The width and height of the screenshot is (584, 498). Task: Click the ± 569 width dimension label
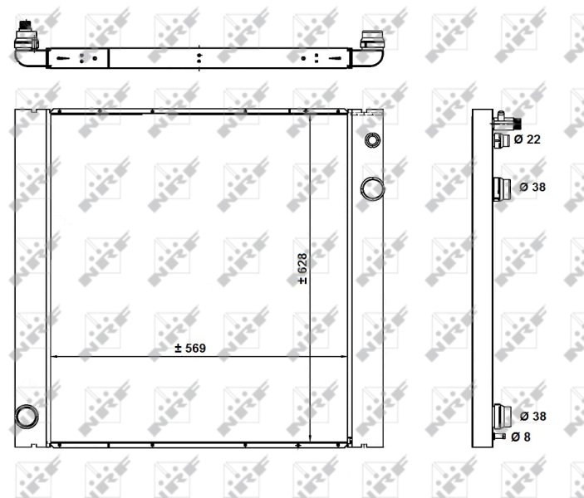pyautogui.click(x=190, y=348)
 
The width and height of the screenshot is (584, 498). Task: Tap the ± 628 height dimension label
pyautogui.click(x=302, y=269)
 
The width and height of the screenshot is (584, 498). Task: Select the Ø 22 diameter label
pyautogui.click(x=527, y=139)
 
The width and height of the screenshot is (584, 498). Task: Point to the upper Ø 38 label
pyautogui.click(x=532, y=187)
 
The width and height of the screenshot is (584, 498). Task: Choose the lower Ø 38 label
pyautogui.click(x=533, y=416)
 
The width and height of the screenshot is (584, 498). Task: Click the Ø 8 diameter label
pyautogui.click(x=521, y=437)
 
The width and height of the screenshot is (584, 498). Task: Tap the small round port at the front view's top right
pyautogui.click(x=372, y=140)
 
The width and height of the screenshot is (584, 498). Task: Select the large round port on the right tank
pyautogui.click(x=372, y=188)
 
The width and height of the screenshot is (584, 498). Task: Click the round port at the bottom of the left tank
pyautogui.click(x=27, y=417)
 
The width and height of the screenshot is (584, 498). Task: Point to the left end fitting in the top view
pyautogui.click(x=27, y=36)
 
